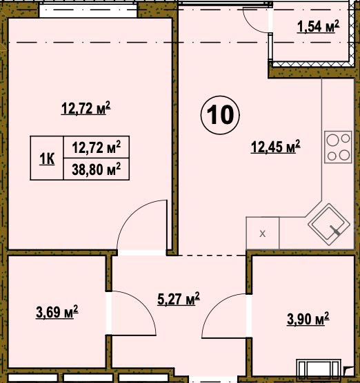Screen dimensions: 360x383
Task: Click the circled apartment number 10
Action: (220, 115)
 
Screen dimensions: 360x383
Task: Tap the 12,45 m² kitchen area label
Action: (275, 147)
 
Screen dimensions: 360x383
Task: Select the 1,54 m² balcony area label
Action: (318, 26)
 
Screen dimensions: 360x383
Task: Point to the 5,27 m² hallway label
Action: (179, 299)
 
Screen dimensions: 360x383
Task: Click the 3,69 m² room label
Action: (57, 312)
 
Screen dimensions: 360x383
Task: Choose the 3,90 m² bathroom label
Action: (308, 319)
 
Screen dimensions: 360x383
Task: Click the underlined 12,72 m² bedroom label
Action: (86, 108)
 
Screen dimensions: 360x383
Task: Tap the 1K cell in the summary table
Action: (47, 158)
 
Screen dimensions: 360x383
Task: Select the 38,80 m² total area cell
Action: (97, 169)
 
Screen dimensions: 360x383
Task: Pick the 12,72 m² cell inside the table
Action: (97, 147)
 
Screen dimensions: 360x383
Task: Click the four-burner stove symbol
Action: (338, 147)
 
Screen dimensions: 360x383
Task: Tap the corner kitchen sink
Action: (329, 225)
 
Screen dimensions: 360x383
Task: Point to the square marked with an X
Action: (263, 234)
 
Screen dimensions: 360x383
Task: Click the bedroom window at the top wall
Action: (88, 10)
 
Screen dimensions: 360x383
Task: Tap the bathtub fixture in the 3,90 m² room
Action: (319, 371)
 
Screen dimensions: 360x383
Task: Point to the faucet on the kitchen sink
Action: (335, 230)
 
